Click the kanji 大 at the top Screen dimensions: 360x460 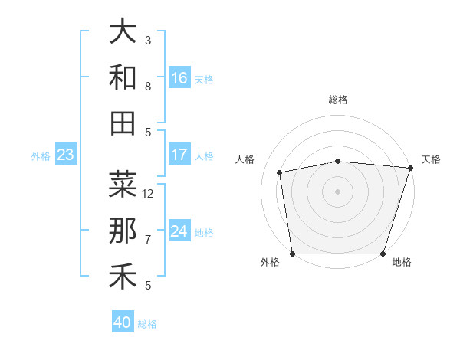click(123, 32)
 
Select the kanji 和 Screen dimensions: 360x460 click(123, 77)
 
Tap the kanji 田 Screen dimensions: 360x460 click(123, 123)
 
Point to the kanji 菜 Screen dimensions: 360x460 click(123, 185)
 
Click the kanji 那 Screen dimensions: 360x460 click(123, 231)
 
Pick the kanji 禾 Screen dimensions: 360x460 click(123, 277)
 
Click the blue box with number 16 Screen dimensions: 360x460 click(179, 78)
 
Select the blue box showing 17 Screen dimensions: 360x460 click(179, 155)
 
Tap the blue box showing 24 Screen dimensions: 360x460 click(179, 231)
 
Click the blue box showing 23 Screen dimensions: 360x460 click(65, 155)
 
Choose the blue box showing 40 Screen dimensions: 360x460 click(123, 322)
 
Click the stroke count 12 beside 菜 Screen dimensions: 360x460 click(148, 193)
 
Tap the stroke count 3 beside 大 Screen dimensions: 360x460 click(148, 40)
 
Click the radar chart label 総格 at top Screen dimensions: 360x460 click(338, 100)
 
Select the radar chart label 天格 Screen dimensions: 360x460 click(431, 159)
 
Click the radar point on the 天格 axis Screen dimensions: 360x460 click(410, 168)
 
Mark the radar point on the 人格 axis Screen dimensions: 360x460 click(280, 172)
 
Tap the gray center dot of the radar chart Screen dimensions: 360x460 click(338, 191)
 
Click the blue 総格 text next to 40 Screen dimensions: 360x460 click(147, 324)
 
